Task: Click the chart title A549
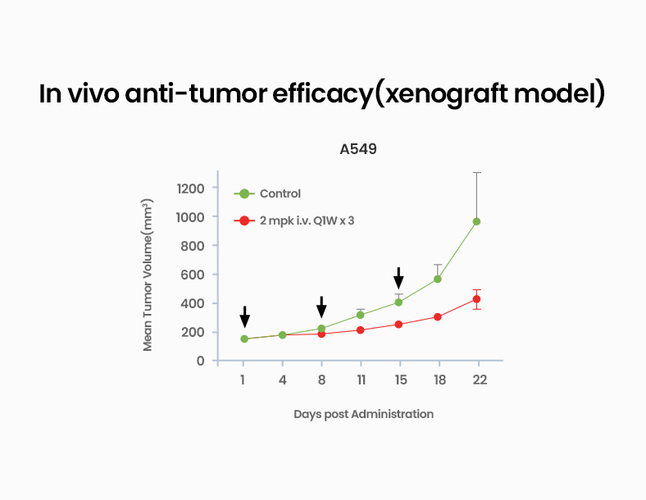coord(358,149)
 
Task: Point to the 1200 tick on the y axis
coord(190,189)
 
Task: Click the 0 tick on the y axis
coord(201,361)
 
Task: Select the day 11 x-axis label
coord(360,380)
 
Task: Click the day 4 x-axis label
coord(282,380)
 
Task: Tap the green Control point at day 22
coord(476,221)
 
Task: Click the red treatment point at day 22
coord(476,299)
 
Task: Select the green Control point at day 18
coord(438,279)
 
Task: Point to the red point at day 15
coord(398,325)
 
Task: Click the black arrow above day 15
coord(398,278)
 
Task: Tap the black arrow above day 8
coord(321,307)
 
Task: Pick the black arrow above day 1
coord(244,316)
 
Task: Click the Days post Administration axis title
coord(363,414)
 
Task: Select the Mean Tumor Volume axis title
coord(148,275)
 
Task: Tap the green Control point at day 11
coord(360,315)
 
